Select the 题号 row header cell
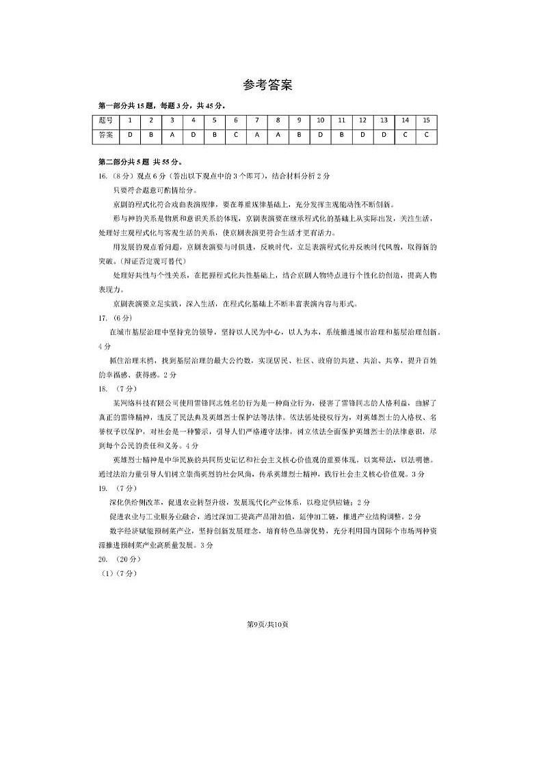[106, 120]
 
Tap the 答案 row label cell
[106, 135]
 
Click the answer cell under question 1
[129, 135]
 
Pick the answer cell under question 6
[235, 135]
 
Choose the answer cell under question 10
[320, 135]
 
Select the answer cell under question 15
[426, 135]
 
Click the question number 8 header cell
[278, 120]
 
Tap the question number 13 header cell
[384, 120]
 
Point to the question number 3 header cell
[172, 120]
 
